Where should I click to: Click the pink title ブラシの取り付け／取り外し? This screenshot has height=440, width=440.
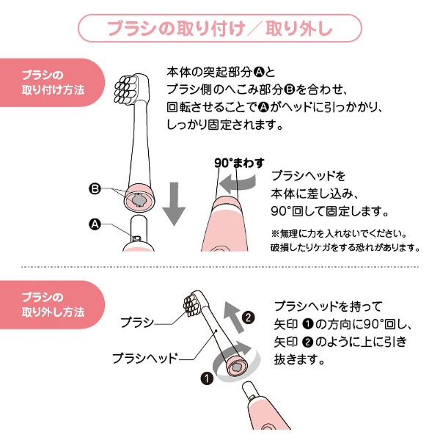click(x=220, y=29)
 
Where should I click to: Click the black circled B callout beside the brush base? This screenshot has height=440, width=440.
click(x=95, y=188)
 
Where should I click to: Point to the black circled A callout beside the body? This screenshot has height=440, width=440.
click(x=95, y=224)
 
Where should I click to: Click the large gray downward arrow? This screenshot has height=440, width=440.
click(x=174, y=203)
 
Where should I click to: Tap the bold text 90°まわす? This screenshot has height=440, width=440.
click(x=239, y=163)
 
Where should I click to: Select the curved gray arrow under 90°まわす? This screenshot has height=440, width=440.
click(x=238, y=184)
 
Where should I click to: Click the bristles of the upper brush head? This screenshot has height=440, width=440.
click(x=125, y=89)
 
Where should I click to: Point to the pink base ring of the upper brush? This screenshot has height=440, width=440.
click(x=140, y=198)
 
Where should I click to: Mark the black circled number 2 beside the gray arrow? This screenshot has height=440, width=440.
click(x=248, y=318)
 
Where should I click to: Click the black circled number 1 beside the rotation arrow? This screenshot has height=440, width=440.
click(x=207, y=378)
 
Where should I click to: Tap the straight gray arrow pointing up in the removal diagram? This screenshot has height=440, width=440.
click(x=234, y=317)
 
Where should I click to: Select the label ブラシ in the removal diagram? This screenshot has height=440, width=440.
click(x=137, y=323)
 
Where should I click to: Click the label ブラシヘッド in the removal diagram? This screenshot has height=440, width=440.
click(x=145, y=358)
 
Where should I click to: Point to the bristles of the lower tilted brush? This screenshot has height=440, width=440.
click(x=192, y=303)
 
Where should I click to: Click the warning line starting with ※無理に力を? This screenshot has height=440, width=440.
click(x=339, y=233)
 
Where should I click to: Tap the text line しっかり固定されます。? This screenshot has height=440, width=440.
click(x=225, y=125)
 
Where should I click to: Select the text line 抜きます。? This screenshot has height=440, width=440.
click(x=299, y=359)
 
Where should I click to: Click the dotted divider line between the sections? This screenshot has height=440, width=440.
click(x=220, y=267)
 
